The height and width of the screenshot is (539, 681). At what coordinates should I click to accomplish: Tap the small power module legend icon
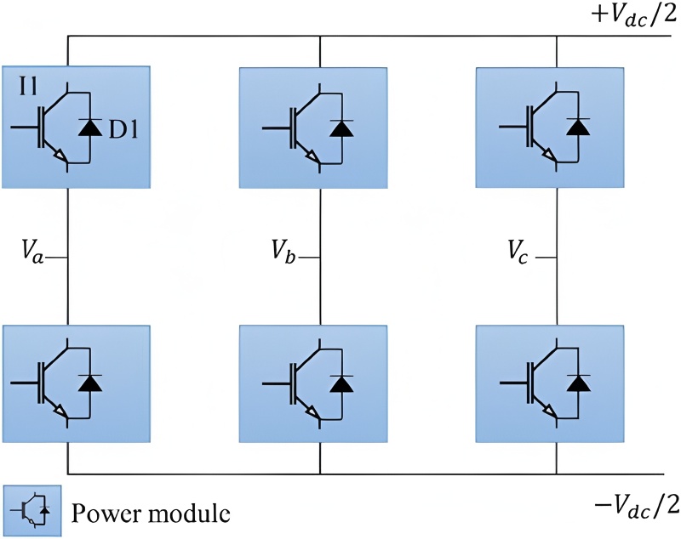pos(31,511)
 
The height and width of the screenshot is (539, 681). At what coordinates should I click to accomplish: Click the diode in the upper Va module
pos(88,128)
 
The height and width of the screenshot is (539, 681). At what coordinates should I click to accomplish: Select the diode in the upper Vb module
pos(341,128)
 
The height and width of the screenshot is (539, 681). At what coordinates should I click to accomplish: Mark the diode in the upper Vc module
pos(578,128)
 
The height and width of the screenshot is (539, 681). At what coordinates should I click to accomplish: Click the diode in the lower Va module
pos(88,383)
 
